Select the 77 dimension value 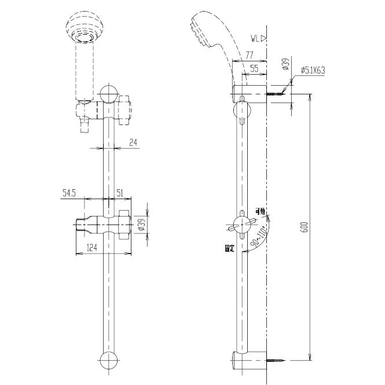pos(250,56)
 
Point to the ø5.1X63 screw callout pos(313,71)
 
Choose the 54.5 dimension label pos(70,194)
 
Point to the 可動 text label pos(261,212)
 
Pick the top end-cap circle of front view pos(109,93)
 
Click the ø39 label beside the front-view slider pos(141,225)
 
